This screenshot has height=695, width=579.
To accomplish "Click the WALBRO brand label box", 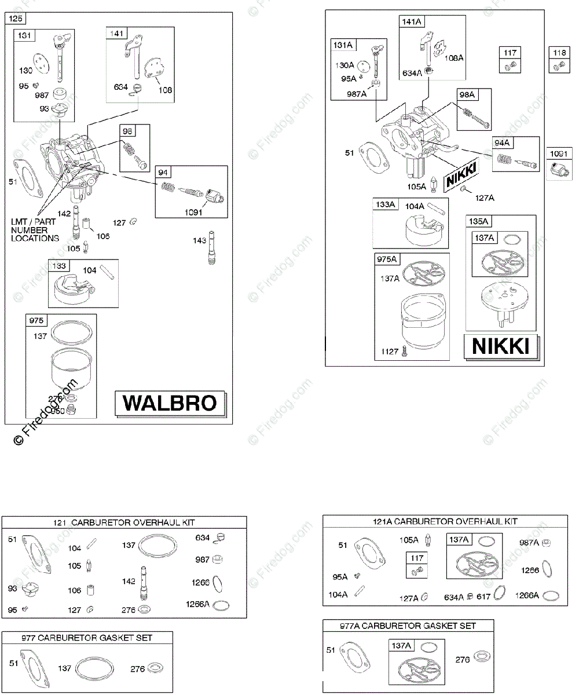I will (170, 403).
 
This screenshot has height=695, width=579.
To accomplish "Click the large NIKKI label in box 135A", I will (501, 346).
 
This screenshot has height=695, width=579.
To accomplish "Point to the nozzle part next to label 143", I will (210, 250).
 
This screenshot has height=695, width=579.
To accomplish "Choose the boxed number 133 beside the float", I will (60, 266).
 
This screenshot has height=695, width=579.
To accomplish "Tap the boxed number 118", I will (559, 53).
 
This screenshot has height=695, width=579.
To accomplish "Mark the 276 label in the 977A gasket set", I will (460, 659).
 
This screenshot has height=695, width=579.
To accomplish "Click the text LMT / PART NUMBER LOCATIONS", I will (35, 230).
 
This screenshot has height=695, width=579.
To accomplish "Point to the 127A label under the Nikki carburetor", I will (485, 197).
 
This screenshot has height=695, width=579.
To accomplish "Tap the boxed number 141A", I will (412, 21).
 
